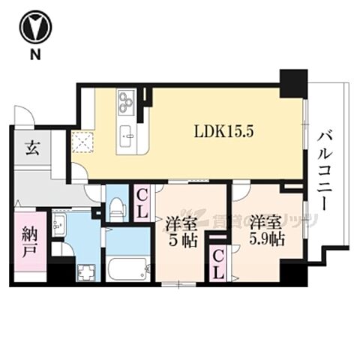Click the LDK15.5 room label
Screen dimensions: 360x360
[225, 130]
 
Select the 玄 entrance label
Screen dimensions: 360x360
[32, 148]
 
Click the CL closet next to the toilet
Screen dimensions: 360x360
[141, 202]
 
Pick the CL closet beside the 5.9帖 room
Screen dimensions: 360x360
[217, 263]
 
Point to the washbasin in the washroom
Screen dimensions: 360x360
[59, 224]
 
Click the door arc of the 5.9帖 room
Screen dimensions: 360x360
[238, 191]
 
